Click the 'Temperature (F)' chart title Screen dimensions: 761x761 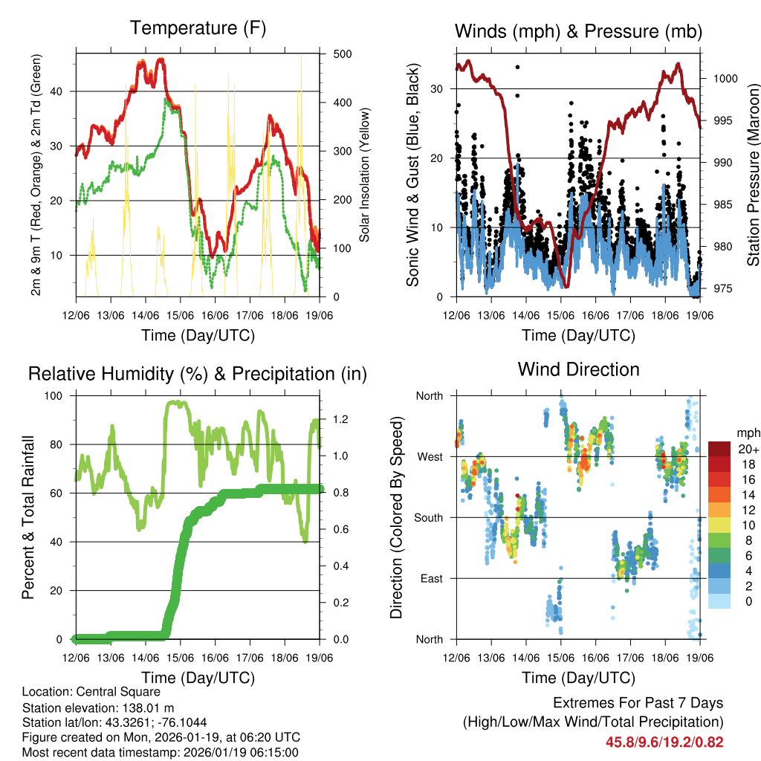(198, 28)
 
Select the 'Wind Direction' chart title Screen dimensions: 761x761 (578, 369)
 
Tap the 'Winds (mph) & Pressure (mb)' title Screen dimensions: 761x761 (578, 31)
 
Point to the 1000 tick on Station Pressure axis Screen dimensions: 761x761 (723, 78)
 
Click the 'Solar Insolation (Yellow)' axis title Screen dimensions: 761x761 (364, 175)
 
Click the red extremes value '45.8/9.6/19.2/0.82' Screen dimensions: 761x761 (664, 742)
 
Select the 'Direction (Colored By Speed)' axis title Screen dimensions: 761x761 (396, 517)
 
